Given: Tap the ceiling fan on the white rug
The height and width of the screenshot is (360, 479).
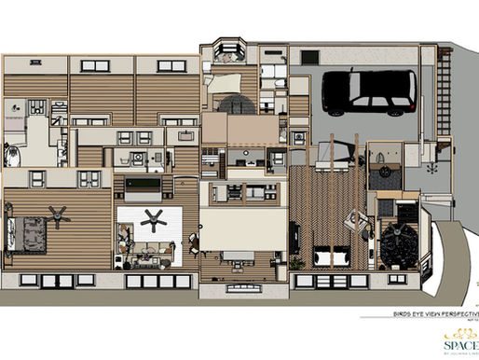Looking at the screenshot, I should point(156,220).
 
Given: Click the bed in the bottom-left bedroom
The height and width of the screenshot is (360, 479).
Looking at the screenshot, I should point(28,229).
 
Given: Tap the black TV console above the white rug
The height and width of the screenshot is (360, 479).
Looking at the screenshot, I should point(143,190).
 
